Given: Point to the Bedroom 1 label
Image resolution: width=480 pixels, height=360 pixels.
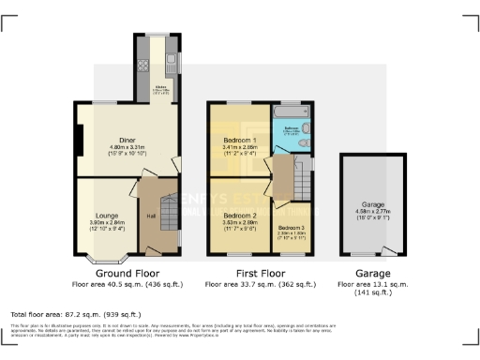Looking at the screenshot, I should (x=242, y=140).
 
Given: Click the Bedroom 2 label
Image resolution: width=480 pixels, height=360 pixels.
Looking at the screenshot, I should (x=241, y=216).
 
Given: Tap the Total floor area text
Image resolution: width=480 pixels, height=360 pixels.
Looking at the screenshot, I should (x=75, y=314).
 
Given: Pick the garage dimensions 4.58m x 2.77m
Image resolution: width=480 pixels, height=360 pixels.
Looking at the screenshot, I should (x=374, y=212).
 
